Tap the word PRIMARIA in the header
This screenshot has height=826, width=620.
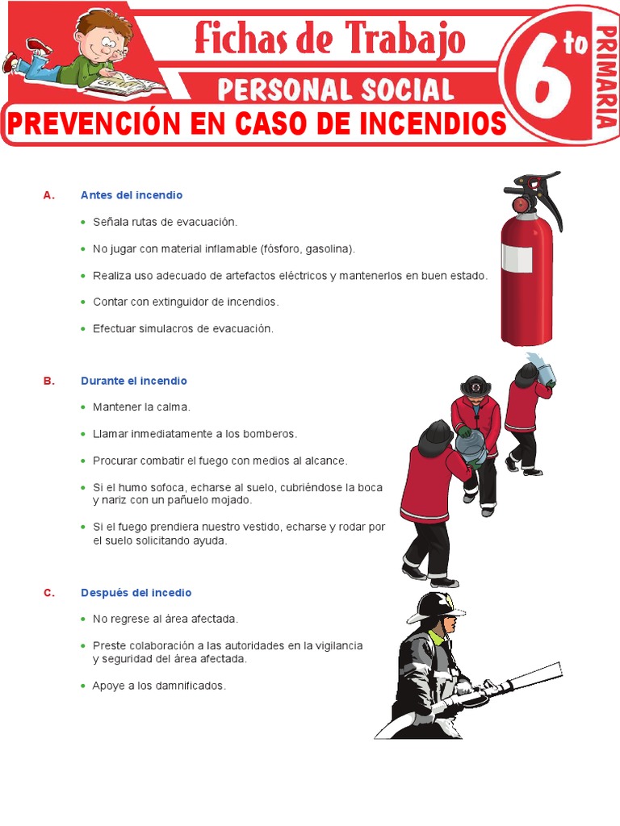click(605, 77)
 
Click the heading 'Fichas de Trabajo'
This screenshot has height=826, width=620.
click(329, 38)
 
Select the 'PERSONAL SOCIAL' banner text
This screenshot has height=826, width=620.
click(335, 89)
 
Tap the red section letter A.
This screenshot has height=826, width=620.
click(48, 195)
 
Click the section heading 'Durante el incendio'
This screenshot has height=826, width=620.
click(134, 381)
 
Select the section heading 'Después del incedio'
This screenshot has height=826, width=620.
click(136, 593)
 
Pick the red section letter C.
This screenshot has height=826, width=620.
click(48, 593)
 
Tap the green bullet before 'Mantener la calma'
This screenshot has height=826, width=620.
click(83, 407)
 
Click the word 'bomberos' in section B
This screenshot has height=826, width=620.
click(270, 434)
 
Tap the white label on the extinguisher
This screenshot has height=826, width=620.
click(517, 258)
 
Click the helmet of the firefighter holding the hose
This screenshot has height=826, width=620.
click(437, 606)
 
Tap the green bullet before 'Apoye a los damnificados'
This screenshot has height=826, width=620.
click(83, 686)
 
